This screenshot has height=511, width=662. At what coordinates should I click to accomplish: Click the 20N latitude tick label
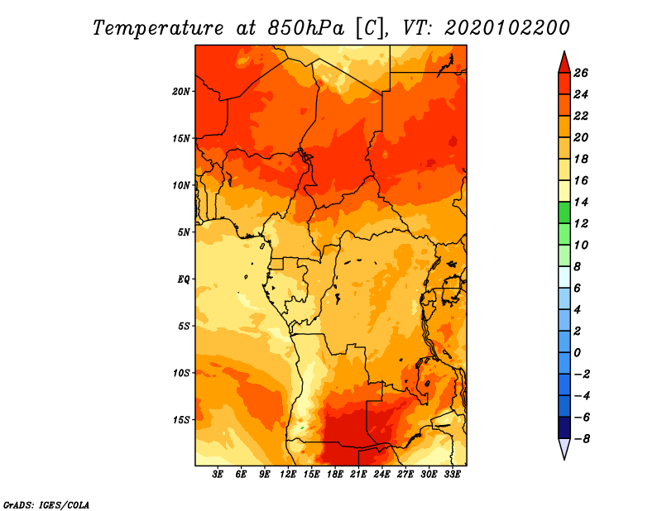click(x=181, y=92)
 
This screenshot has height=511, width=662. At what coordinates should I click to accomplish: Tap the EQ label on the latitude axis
click(x=184, y=279)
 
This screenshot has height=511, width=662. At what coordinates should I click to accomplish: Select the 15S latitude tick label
click(x=181, y=420)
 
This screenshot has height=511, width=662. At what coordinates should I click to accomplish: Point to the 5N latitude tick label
click(x=184, y=232)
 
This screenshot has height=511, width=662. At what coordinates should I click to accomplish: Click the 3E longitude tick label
click(x=218, y=475)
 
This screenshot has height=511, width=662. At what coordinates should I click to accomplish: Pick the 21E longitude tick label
click(x=358, y=475)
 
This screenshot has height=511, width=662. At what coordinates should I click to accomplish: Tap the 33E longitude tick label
click(x=452, y=475)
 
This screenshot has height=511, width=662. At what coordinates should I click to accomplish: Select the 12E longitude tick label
click(x=288, y=475)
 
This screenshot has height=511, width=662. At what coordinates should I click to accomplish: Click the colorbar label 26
click(x=581, y=73)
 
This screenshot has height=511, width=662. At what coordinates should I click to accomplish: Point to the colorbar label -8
click(x=582, y=439)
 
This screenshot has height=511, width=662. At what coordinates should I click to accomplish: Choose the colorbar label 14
click(x=581, y=202)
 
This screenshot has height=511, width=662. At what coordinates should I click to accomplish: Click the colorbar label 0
click(x=577, y=353)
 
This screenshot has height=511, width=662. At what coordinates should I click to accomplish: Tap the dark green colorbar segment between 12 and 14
click(x=564, y=213)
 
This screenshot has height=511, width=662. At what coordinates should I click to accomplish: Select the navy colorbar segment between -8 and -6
click(x=564, y=427)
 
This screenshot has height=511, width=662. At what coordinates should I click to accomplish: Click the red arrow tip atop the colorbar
click(x=564, y=51)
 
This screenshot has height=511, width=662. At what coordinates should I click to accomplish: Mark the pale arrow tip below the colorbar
click(x=564, y=459)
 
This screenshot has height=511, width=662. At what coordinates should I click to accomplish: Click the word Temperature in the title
click(x=157, y=28)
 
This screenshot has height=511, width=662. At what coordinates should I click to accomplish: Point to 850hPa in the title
click(x=305, y=28)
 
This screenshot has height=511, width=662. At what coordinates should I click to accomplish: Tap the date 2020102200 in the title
click(x=507, y=28)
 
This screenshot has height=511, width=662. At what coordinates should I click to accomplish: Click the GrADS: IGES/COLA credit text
click(x=46, y=505)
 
